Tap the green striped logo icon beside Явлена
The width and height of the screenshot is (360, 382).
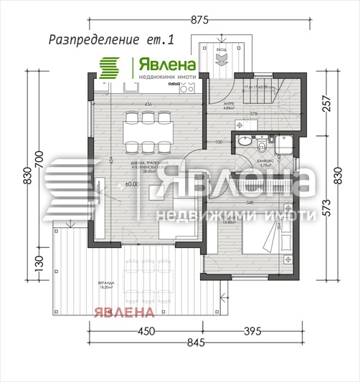tap(109, 67)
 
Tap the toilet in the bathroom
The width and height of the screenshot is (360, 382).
tap(263, 146)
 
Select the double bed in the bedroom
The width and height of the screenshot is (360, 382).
tap(267, 240)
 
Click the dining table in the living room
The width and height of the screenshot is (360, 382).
tap(148, 133)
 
